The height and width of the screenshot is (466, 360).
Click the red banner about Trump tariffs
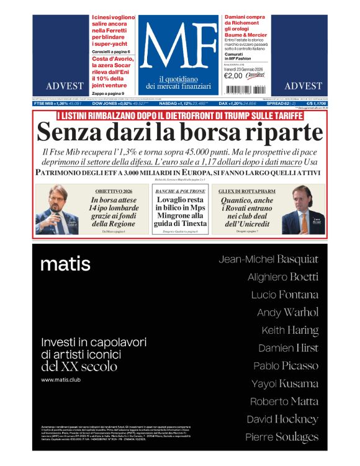180,115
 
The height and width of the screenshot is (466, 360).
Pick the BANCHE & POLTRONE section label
180,191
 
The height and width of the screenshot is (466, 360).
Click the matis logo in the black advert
65,264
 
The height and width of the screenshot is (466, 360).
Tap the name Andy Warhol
287,312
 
